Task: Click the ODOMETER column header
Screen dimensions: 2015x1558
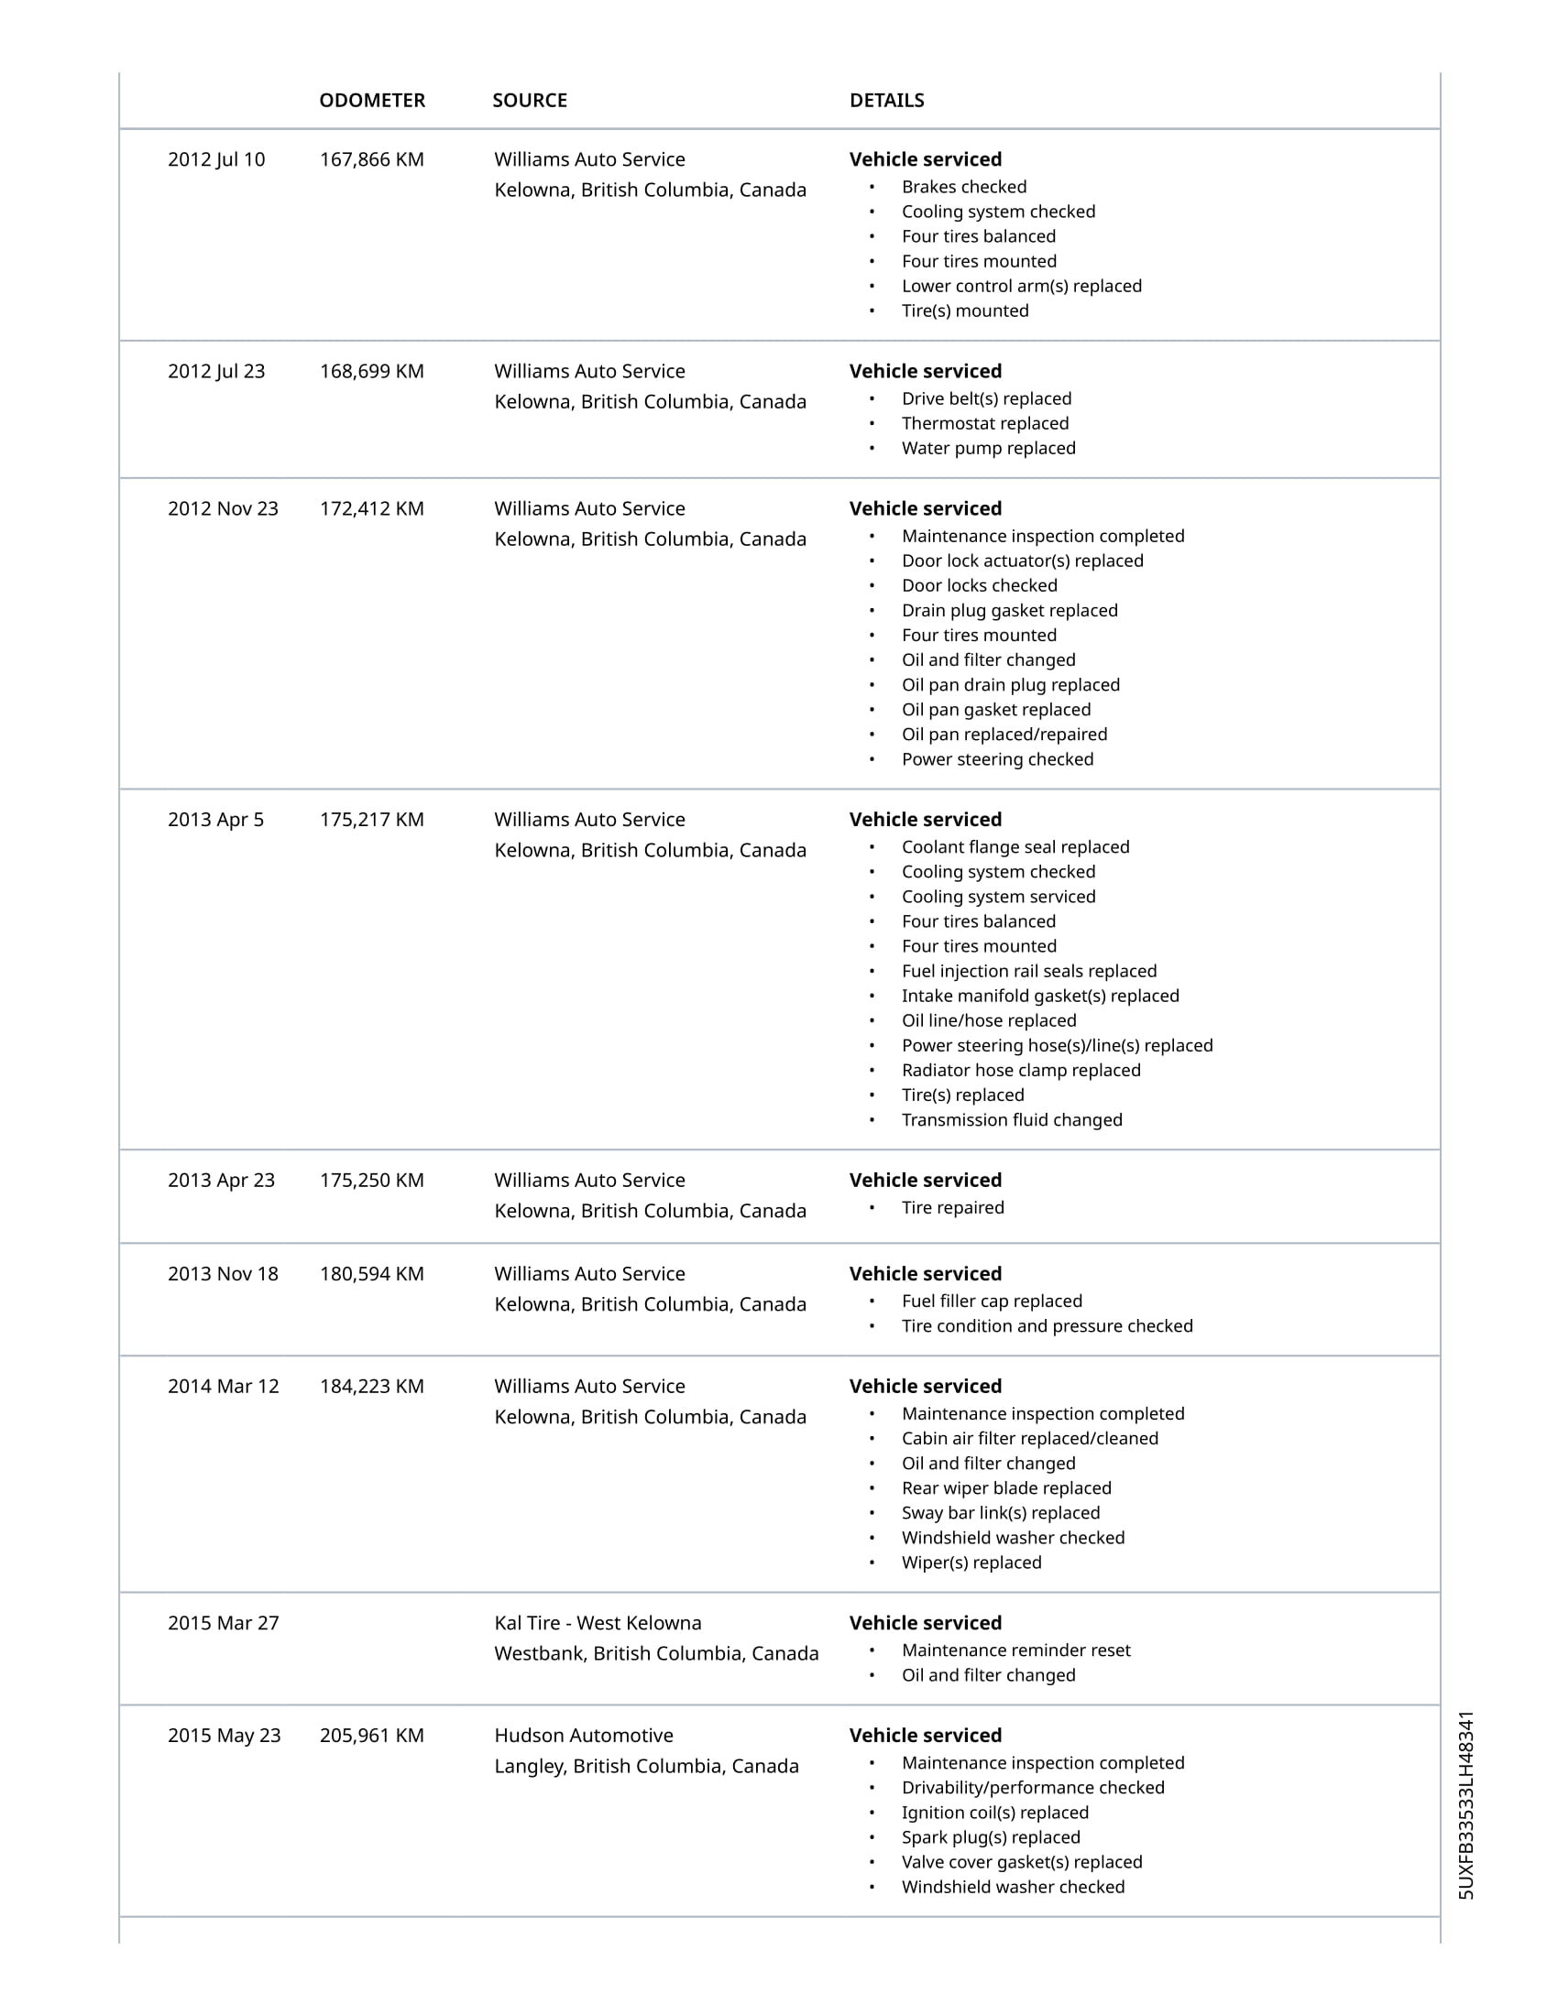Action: pos(372,101)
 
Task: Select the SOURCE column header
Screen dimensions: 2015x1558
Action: pos(529,101)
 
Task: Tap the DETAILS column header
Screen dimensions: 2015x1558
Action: pos(886,101)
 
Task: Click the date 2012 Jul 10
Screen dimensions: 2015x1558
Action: pos(216,159)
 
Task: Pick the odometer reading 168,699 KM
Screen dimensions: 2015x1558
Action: pos(372,372)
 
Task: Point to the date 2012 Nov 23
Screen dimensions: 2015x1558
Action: pos(223,509)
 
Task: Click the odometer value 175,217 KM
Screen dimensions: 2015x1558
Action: pos(372,821)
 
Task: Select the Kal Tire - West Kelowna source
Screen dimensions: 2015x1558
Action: pos(598,1623)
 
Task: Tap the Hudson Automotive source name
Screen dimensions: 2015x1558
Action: pos(583,1736)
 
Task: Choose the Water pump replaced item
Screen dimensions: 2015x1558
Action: pos(989,449)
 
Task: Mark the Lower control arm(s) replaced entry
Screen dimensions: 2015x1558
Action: pos(1021,286)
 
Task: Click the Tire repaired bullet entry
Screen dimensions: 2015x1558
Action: pos(952,1208)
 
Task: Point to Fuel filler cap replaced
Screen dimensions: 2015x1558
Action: pos(992,1301)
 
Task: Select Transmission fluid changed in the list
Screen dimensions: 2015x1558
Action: pos(1012,1120)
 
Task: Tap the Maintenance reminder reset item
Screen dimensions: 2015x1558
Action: pos(1015,1650)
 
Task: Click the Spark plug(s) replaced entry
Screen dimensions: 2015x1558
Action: pos(991,1837)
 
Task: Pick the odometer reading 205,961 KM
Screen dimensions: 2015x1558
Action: pos(372,1736)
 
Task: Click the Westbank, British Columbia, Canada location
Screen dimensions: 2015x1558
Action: pos(655,1653)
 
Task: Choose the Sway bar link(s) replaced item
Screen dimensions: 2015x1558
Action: pos(1001,1513)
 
